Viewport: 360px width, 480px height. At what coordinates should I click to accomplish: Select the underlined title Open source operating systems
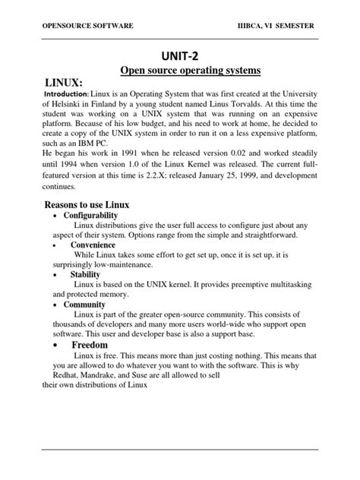pyautogui.click(x=191, y=71)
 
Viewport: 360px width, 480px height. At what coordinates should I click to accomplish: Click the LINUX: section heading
pyautogui.click(x=51, y=82)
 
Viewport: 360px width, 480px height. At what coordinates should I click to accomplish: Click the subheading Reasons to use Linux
pyautogui.click(x=87, y=205)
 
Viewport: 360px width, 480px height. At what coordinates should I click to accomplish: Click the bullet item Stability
pyautogui.click(x=85, y=274)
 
